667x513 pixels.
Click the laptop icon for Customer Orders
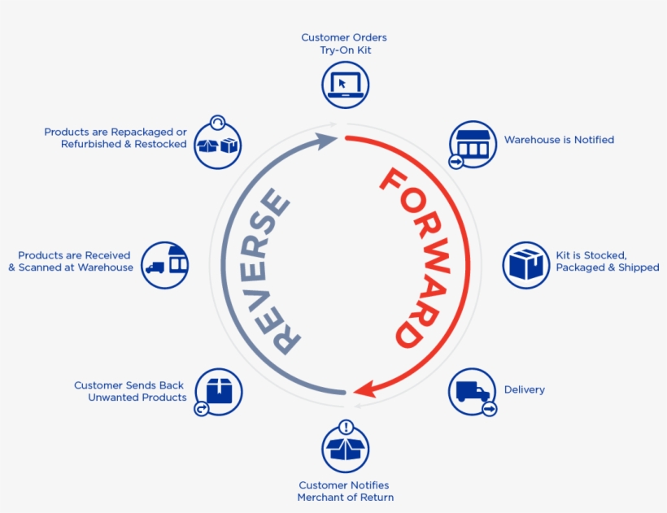click(x=346, y=85)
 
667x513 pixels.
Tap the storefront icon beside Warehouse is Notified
click(x=473, y=144)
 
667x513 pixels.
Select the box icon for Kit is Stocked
click(x=526, y=265)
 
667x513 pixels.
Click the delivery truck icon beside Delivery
click(x=472, y=391)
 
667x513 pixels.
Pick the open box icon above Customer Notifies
click(x=346, y=449)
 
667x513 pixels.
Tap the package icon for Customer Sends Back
click(x=219, y=391)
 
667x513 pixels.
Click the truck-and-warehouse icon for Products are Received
click(x=164, y=265)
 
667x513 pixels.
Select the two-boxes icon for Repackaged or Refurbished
click(x=218, y=145)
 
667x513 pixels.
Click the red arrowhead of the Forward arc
click(x=365, y=389)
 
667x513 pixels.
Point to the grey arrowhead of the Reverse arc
click(x=327, y=141)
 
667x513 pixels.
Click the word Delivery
click(x=524, y=389)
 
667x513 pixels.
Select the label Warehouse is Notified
click(x=559, y=140)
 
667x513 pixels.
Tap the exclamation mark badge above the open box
click(x=347, y=427)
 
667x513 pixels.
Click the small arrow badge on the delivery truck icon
click(x=490, y=409)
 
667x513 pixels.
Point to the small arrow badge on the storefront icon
click(x=456, y=162)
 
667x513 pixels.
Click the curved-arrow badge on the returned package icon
click(x=202, y=409)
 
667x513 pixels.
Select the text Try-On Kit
click(x=346, y=50)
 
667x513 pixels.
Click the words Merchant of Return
click(x=346, y=498)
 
